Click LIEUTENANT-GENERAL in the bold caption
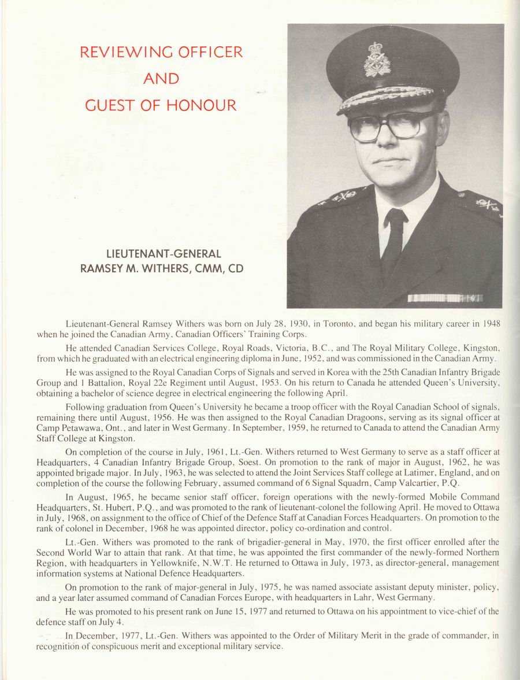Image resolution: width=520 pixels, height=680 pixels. click(164, 254)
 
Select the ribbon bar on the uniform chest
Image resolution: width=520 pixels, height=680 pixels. click(445, 298)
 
